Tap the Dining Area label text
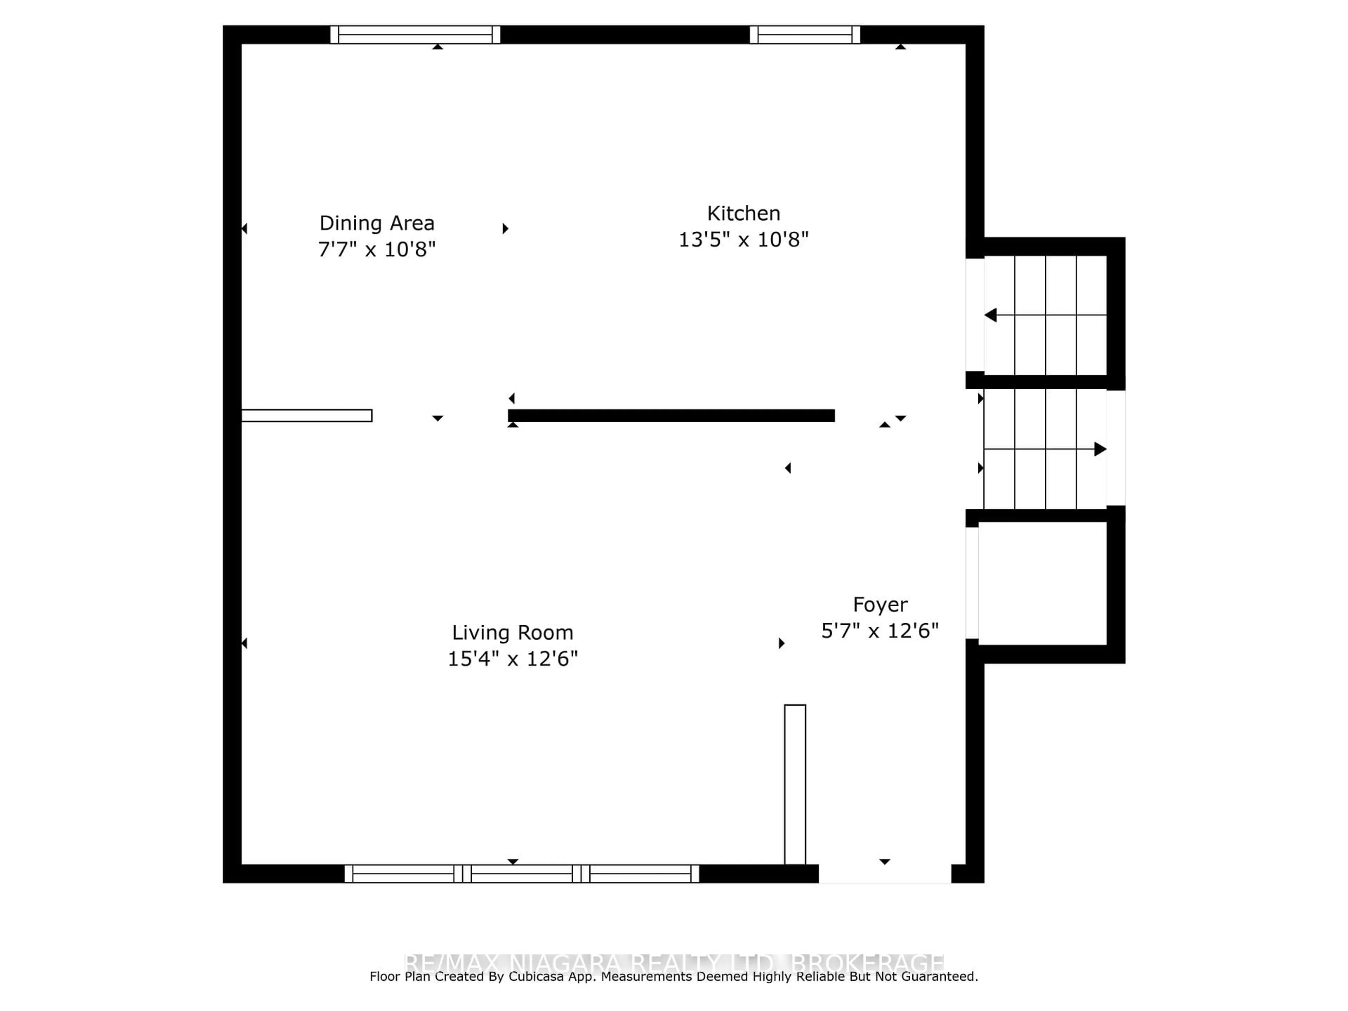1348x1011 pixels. point(377,223)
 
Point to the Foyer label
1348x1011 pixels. point(879,604)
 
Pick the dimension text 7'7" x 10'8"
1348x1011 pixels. point(377,249)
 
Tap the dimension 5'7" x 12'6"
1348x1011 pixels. point(879,631)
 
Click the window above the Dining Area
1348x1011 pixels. point(415,35)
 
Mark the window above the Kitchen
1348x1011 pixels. point(805,35)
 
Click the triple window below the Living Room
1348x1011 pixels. point(522,873)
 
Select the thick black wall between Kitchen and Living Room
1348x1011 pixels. point(671,416)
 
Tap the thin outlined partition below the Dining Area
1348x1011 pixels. point(306,416)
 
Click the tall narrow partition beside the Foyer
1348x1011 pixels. point(795,784)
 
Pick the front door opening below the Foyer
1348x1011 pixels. point(884,873)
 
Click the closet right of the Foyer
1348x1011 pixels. point(1042,583)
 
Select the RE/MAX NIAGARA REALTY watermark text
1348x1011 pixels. point(673,963)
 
